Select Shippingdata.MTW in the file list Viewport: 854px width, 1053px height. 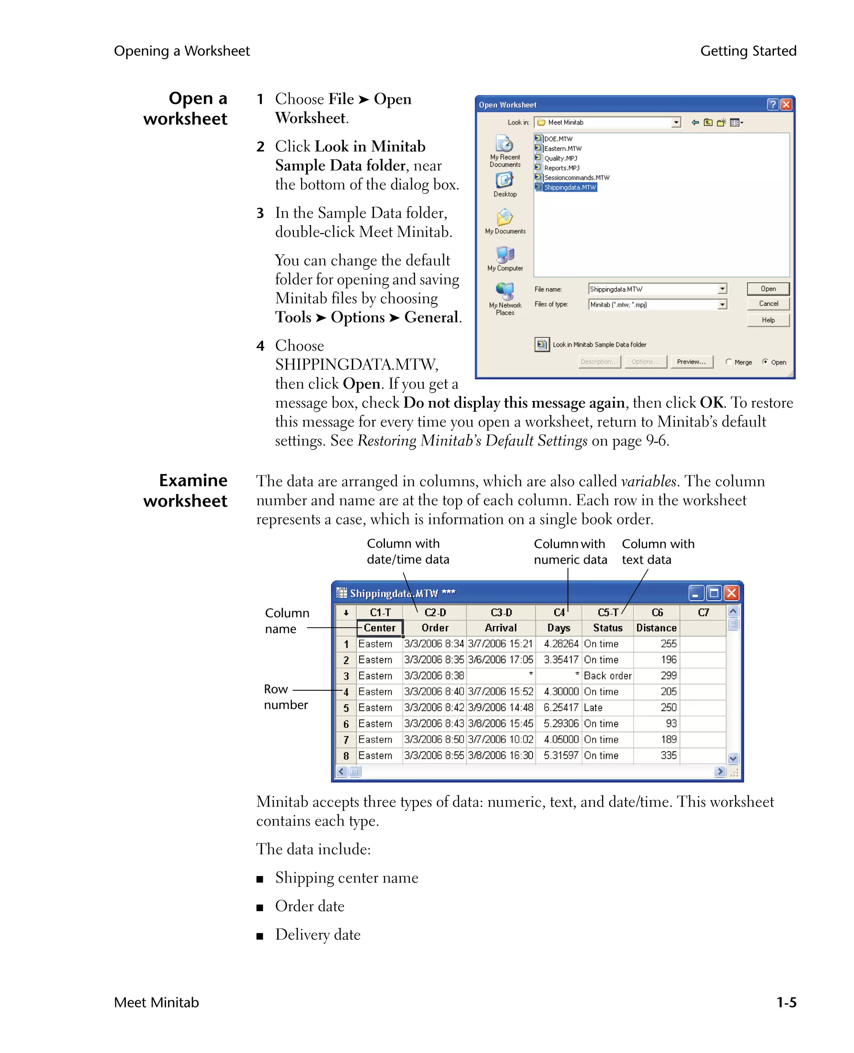(569, 188)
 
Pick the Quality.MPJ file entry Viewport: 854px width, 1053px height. (560, 158)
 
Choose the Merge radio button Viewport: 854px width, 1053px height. (728, 361)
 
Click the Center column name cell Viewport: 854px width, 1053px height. (379, 628)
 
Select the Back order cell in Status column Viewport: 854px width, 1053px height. (607, 676)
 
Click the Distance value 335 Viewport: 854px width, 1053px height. (668, 755)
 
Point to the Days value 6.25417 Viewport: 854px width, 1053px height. (560, 708)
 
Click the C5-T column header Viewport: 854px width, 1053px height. (608, 613)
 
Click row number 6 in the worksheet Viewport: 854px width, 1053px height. (346, 724)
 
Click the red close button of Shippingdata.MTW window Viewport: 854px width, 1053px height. (731, 593)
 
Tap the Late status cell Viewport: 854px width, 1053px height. (593, 708)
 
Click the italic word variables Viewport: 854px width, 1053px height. (648, 481)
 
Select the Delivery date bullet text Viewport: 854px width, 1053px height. (317, 935)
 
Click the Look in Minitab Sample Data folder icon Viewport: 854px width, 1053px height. (542, 345)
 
